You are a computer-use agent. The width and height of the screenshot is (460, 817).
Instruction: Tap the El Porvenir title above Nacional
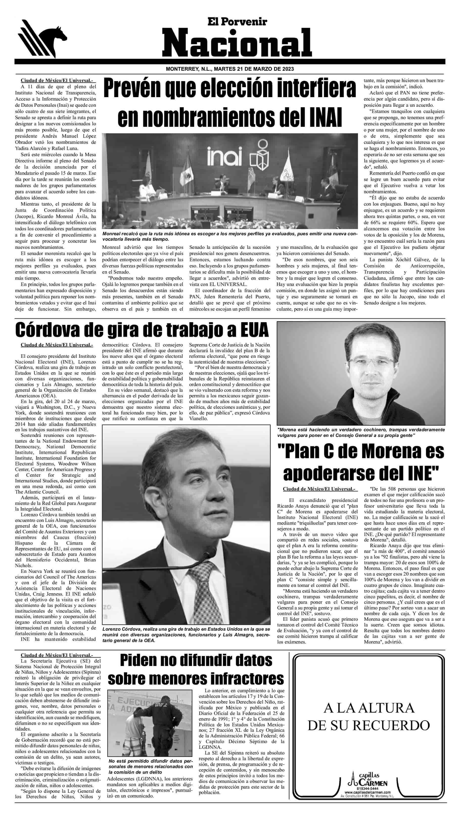(237, 21)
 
